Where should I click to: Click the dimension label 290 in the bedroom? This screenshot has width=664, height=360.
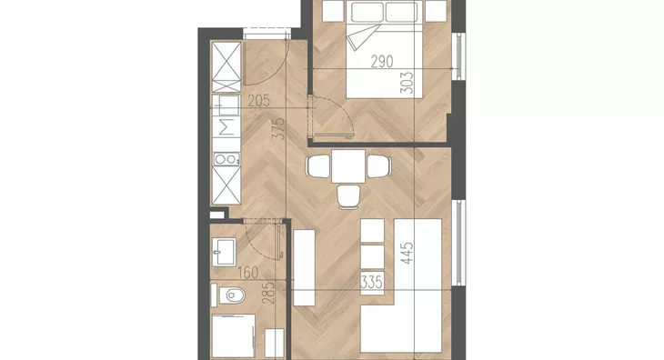click(382, 61)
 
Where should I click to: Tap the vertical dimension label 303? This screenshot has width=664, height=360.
click(406, 83)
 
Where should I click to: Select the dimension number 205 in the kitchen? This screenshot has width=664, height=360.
click(258, 101)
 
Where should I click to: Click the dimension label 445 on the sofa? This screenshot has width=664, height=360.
click(407, 253)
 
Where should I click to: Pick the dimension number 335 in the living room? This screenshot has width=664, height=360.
click(371, 282)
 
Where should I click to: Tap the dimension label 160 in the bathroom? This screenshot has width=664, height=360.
click(247, 273)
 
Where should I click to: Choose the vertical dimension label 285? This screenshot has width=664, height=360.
click(268, 293)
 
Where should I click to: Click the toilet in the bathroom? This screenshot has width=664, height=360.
click(228, 295)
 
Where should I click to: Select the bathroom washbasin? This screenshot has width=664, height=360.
click(224, 252)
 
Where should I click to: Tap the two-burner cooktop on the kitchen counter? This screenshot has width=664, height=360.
click(226, 159)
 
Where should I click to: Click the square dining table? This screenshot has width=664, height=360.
click(348, 166)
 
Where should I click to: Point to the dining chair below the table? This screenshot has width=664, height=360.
click(349, 197)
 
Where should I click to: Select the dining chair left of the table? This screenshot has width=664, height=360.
click(318, 166)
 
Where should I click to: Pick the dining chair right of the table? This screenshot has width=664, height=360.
click(378, 166)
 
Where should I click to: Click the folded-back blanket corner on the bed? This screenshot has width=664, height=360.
click(360, 36)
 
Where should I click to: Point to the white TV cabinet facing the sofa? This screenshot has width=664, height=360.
click(305, 268)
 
